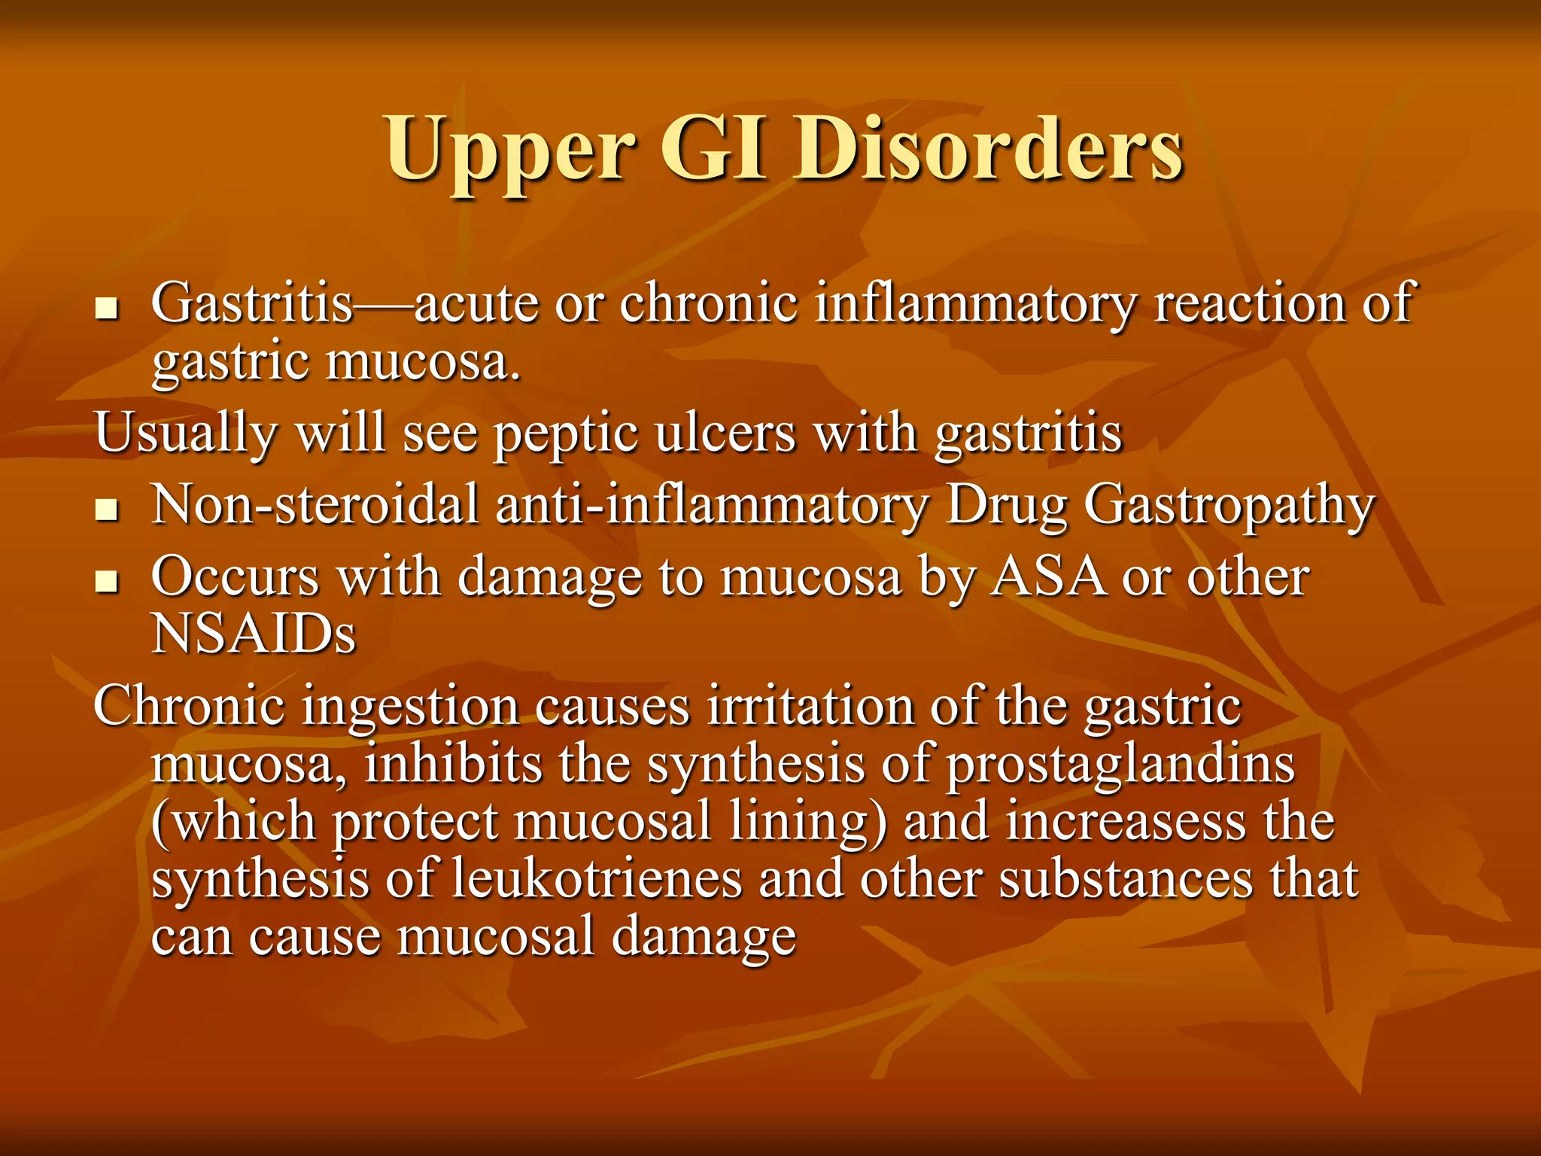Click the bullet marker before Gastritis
pyautogui.click(x=107, y=309)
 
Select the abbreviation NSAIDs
pyautogui.click(x=254, y=634)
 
